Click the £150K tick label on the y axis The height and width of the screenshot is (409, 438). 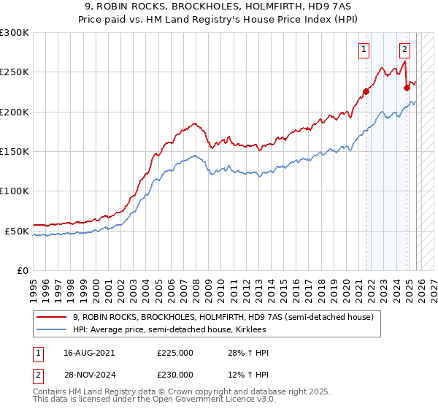(15, 152)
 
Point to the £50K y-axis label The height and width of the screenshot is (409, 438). (17, 231)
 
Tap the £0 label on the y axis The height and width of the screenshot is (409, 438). (22, 271)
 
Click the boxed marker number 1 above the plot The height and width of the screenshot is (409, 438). (364, 50)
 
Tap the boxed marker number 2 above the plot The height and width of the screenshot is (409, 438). (404, 50)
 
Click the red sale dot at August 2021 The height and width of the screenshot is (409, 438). (366, 92)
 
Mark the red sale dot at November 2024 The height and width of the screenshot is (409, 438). (407, 88)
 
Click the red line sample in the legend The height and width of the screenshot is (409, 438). (52, 317)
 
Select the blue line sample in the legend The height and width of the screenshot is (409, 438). (52, 330)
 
